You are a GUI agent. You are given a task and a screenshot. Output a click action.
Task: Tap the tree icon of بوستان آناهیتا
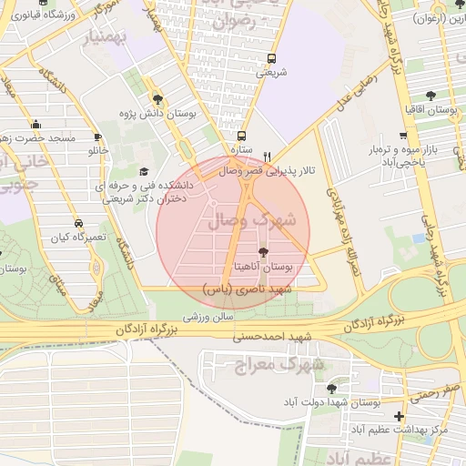(264, 252)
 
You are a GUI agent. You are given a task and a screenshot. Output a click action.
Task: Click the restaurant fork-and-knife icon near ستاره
(266, 156)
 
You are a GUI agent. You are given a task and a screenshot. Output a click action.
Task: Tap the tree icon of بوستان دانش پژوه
(158, 99)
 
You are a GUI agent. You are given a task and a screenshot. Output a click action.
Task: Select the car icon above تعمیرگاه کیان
(79, 223)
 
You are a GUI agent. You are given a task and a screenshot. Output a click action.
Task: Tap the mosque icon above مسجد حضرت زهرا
(35, 125)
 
